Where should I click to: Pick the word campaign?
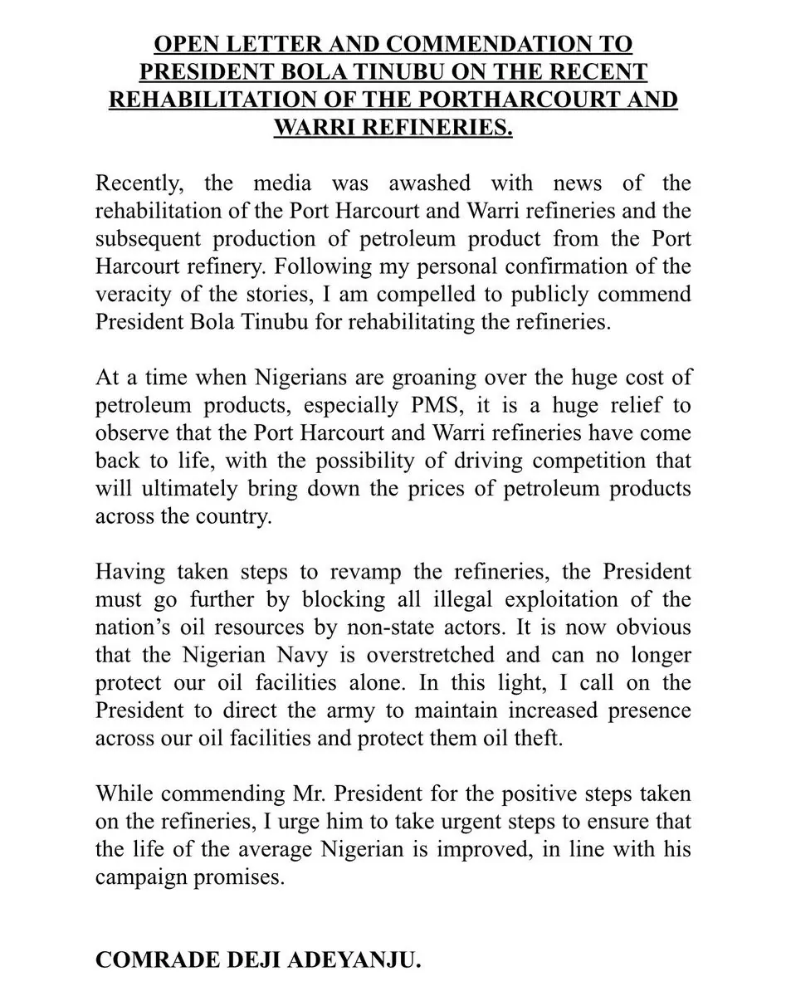click(144, 878)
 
